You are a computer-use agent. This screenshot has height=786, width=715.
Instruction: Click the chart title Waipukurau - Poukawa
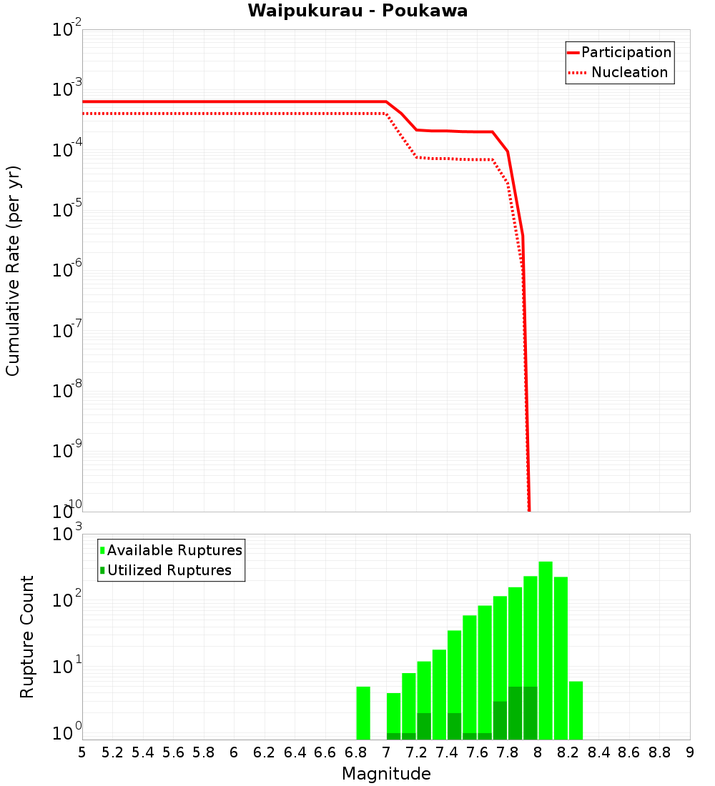coord(357,11)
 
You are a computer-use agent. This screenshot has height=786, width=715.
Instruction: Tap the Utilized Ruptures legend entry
coord(169,570)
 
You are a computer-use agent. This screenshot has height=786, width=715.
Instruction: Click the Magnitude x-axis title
coord(386,774)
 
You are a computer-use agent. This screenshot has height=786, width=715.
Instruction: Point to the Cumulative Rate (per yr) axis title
coord(13,271)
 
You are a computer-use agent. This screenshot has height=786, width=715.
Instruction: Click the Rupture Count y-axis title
coord(27,637)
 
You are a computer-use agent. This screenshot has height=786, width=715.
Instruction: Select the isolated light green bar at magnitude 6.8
coord(363,713)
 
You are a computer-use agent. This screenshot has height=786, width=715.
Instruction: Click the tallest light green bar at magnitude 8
coord(546,650)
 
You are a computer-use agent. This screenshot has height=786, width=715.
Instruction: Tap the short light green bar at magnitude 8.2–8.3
coord(576,710)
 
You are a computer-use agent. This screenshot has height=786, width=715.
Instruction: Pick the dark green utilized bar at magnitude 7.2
coord(424,726)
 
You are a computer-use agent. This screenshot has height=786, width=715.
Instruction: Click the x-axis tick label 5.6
coord(173,752)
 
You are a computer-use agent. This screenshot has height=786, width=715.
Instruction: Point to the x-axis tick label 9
coord(690,752)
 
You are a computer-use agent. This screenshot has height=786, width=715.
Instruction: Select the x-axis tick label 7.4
coord(447,752)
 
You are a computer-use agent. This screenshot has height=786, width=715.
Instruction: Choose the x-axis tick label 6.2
coord(265,752)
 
